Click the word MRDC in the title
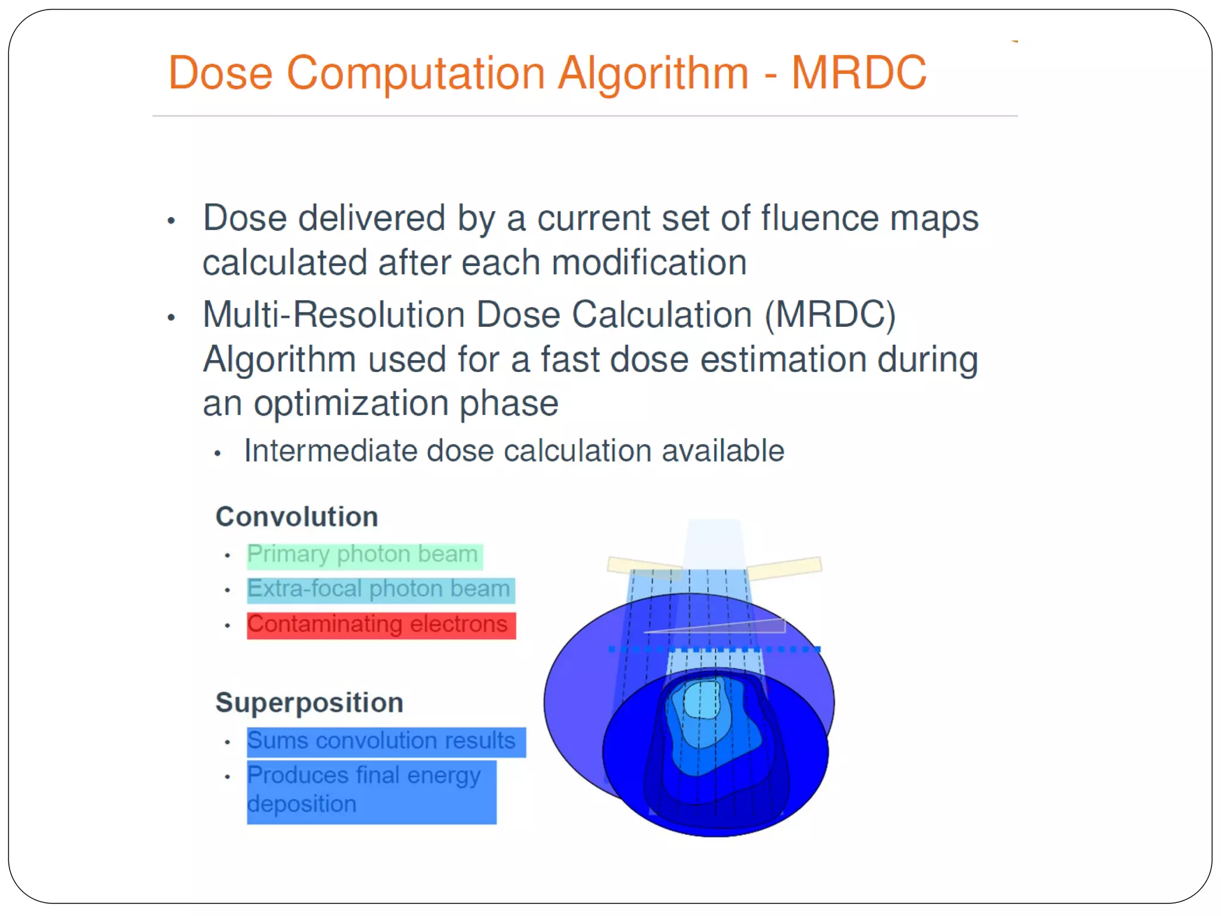pos(859,73)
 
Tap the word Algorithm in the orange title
pos(653,73)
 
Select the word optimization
pos(351,404)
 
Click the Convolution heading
pos(297,516)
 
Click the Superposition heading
pos(309,702)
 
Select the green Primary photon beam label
pos(364,555)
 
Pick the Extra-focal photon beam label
pos(380,590)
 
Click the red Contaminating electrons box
pos(380,626)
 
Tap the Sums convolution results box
pos(386,742)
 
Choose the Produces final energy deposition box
pos(371,791)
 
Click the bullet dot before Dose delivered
pos(171,221)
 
